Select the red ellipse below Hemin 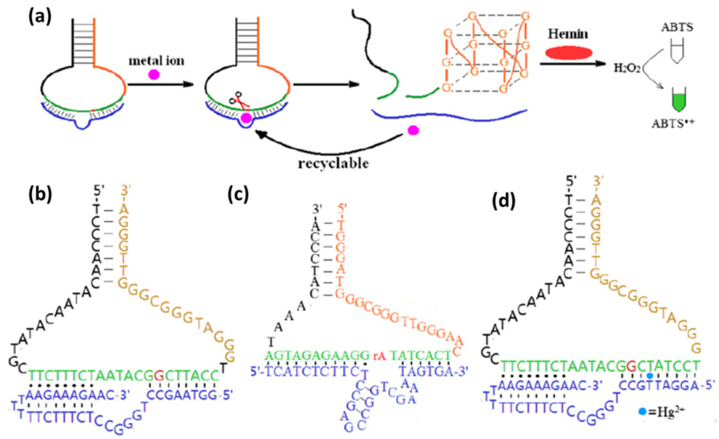[x=568, y=54]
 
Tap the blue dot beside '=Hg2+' [x=643, y=411]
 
